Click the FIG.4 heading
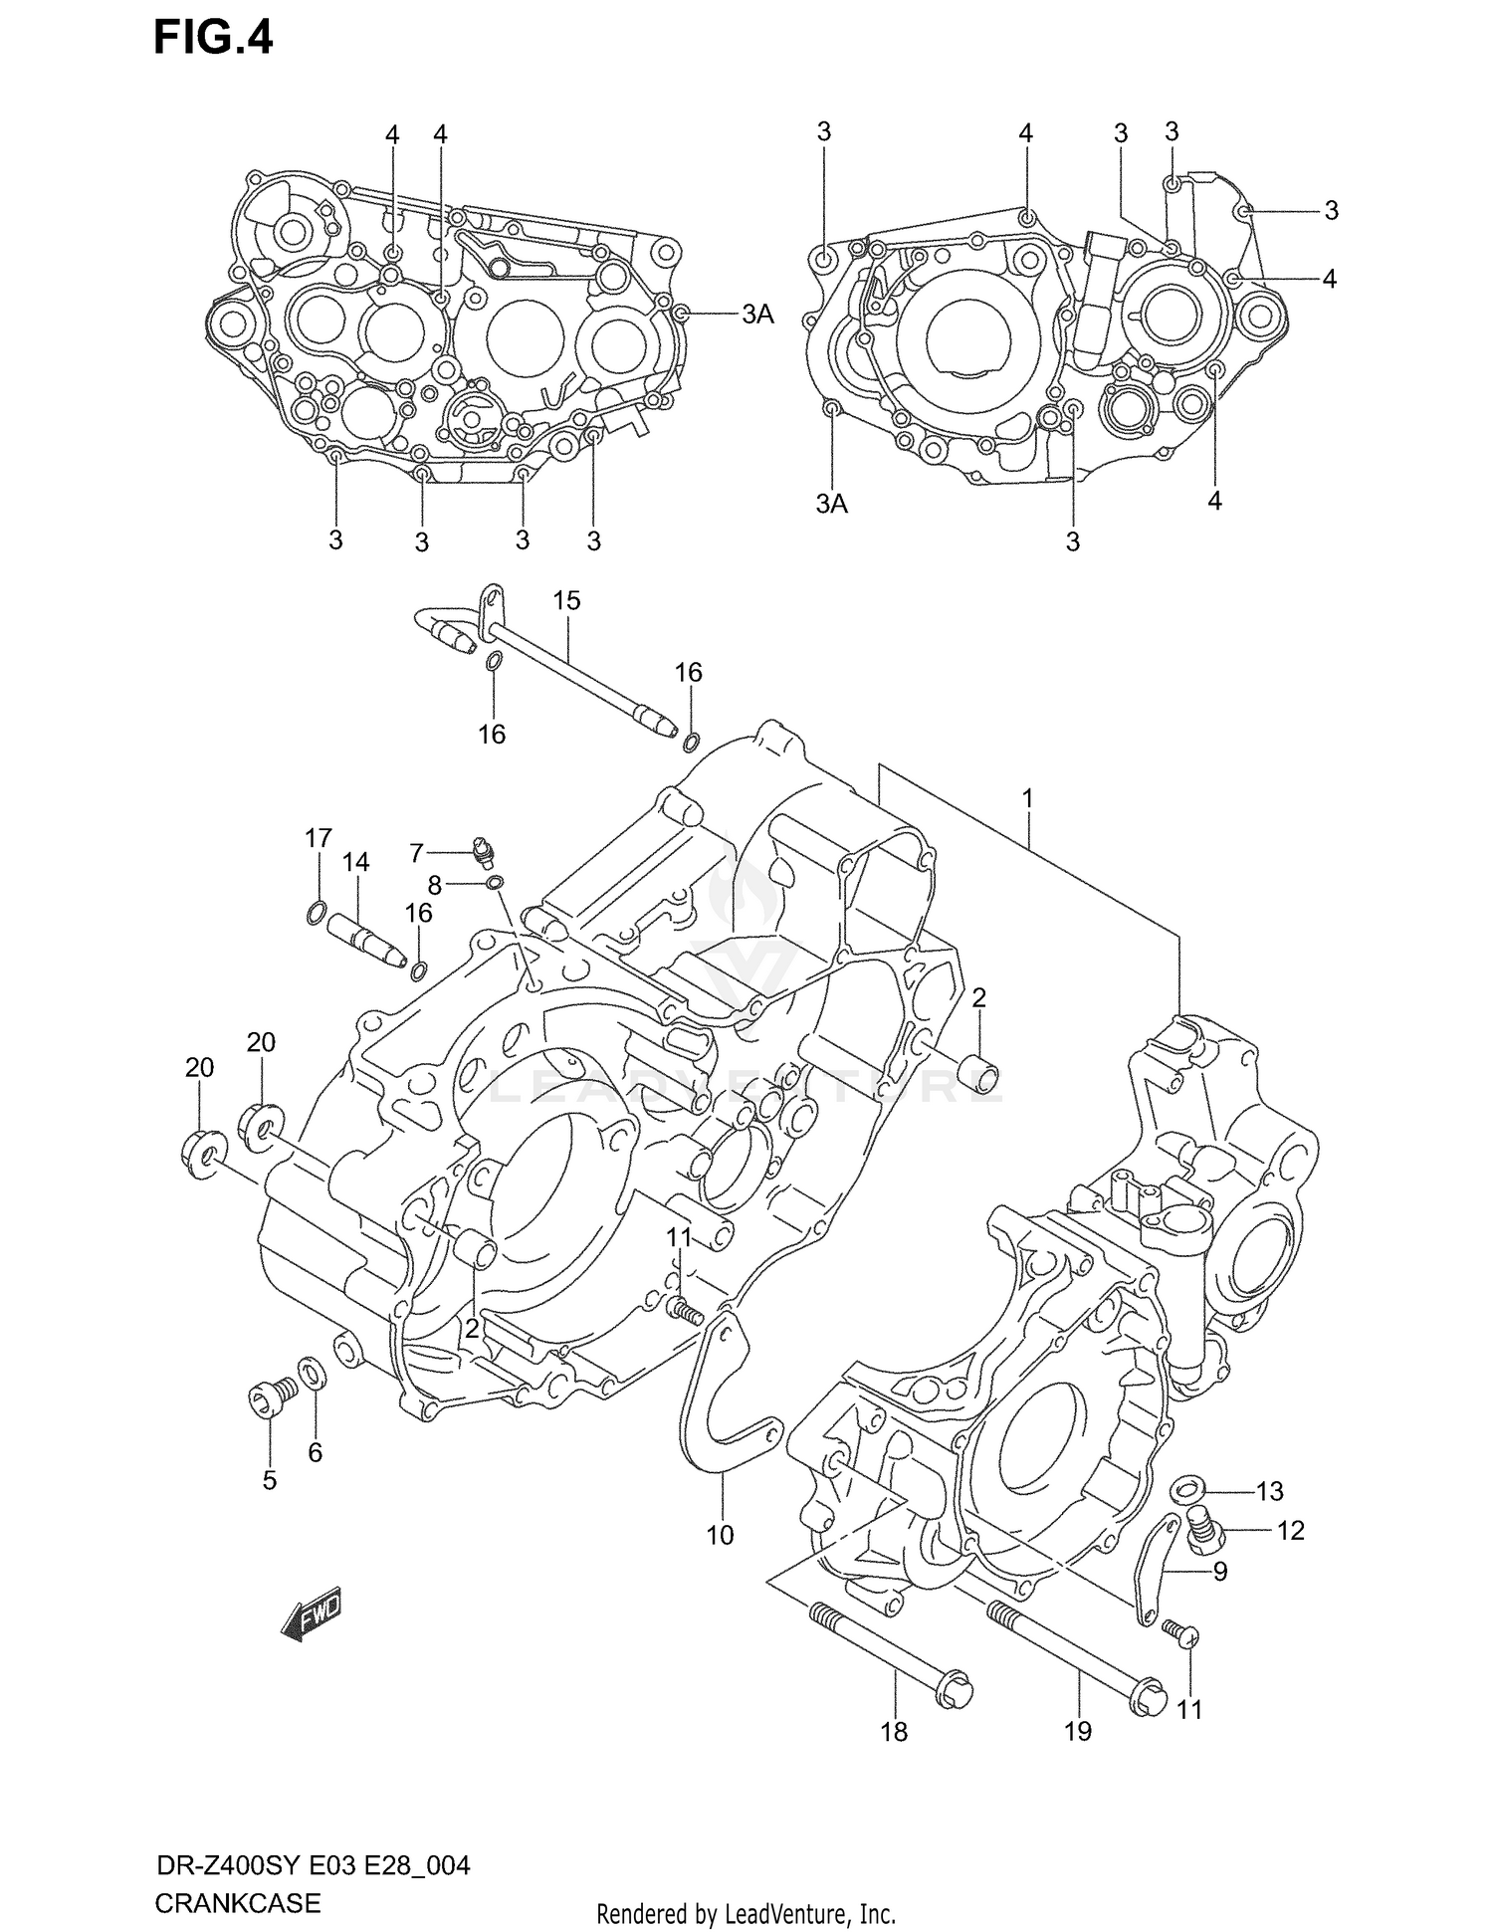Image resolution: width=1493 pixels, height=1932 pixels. (x=212, y=39)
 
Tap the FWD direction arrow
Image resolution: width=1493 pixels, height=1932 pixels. (x=311, y=1611)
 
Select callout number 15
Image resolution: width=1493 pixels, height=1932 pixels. (x=566, y=601)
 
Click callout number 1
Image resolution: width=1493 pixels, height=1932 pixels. (x=1028, y=798)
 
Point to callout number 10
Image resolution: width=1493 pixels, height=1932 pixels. (x=720, y=1535)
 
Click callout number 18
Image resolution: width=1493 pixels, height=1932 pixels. (x=894, y=1732)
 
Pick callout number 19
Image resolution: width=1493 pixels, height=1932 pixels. (x=1078, y=1731)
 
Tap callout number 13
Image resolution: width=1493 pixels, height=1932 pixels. (x=1269, y=1491)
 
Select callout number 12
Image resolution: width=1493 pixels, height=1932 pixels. (x=1290, y=1530)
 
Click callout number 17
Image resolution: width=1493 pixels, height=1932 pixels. (x=318, y=839)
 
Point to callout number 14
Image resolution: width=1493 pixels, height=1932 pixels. (x=355, y=862)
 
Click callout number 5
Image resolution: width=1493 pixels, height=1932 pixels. (x=269, y=1480)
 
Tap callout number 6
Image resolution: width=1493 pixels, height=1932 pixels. (x=315, y=1453)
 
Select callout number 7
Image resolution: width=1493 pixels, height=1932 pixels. (x=417, y=853)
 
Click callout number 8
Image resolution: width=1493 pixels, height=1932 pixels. (x=434, y=883)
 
